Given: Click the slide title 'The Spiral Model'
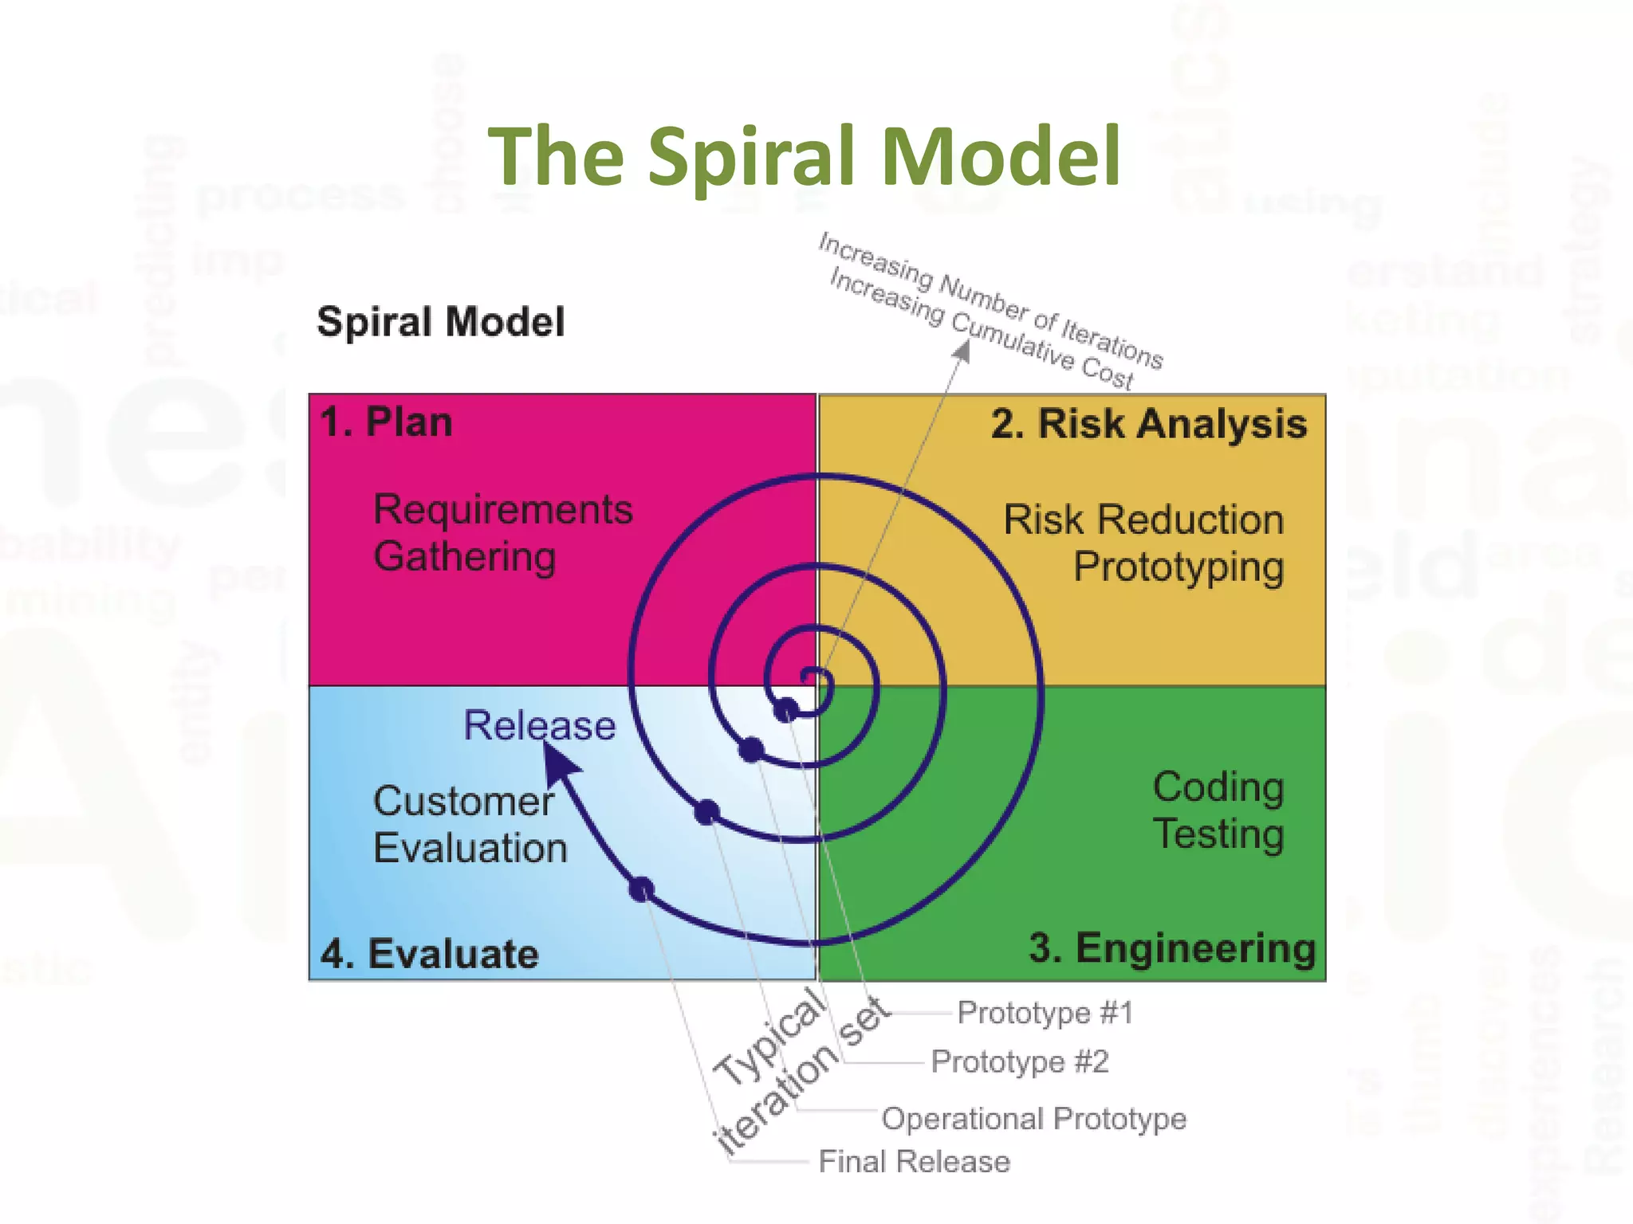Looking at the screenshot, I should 804,156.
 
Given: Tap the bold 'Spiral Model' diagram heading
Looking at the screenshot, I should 440,323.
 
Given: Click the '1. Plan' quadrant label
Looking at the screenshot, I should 386,422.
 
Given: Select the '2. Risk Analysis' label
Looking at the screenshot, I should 1148,424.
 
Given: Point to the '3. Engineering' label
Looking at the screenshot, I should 1171,948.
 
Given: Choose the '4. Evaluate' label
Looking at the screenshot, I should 430,954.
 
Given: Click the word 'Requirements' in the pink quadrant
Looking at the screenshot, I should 502,510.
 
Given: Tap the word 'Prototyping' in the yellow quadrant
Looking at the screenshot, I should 1178,568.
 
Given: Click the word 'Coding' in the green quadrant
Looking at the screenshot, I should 1218,787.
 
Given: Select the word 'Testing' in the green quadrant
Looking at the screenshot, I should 1218,835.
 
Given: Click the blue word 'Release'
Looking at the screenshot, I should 540,726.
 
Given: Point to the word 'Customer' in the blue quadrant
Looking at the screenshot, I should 463,802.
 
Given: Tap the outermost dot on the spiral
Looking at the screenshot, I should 641,889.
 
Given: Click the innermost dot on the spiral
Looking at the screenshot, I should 786,709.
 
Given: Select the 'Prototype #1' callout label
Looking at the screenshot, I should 1045,1013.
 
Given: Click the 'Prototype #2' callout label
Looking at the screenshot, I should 1020,1062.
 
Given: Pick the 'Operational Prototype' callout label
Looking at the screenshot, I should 1033,1119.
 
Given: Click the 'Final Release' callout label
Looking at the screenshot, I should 914,1162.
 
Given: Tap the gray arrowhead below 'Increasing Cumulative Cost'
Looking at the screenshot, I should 963,351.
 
